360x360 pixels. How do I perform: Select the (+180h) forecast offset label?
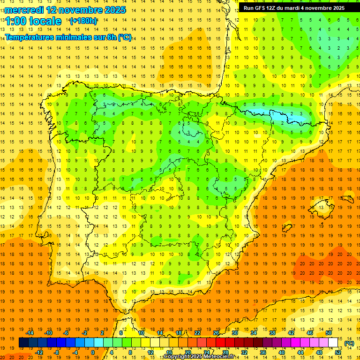[83, 21]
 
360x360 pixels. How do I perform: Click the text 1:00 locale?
[33, 21]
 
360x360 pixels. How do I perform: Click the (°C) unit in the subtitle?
[125, 37]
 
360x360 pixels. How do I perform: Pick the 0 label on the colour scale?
[93, 352]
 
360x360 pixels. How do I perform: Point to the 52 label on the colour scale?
[338, 352]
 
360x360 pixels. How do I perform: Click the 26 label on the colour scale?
[216, 333]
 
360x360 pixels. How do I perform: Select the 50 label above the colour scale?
[328, 333]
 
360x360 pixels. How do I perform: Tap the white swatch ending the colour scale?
[333, 343]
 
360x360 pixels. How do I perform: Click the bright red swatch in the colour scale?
[220, 343]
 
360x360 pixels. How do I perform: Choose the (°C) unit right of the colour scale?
[349, 343]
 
